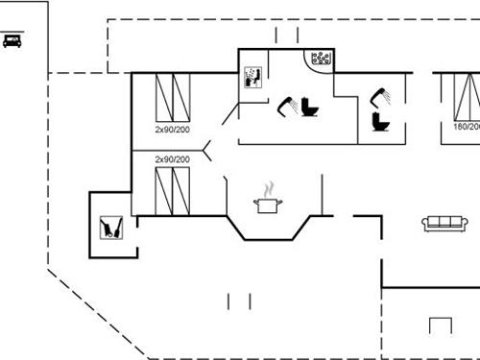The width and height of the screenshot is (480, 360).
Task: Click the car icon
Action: tap(12, 40)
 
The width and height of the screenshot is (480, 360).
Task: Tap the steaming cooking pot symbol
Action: tap(265, 203)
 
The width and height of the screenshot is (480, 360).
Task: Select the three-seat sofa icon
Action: tap(444, 223)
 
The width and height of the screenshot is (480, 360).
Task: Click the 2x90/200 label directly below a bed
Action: tap(172, 128)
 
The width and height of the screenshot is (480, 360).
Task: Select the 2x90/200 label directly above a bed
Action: tap(172, 159)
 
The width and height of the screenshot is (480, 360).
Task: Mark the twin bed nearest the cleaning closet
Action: tap(172, 189)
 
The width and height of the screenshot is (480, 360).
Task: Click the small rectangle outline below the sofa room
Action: tap(441, 324)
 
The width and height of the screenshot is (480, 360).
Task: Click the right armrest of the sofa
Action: tap(465, 224)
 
